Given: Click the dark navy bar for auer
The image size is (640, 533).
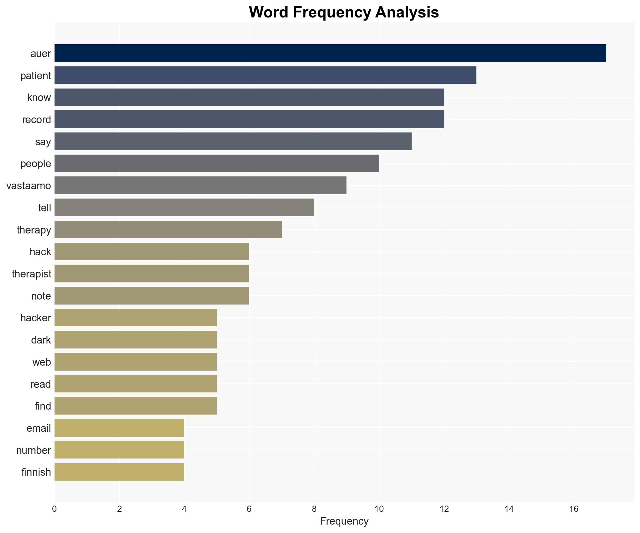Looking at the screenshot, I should click(x=330, y=53).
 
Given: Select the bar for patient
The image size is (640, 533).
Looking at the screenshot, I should click(x=265, y=75).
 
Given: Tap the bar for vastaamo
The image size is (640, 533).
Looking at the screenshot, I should click(x=200, y=185).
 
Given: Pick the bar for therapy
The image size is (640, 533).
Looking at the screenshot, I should click(x=168, y=229).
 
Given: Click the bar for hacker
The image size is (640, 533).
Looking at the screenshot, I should click(x=136, y=318).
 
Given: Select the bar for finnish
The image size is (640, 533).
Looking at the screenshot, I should click(x=119, y=472).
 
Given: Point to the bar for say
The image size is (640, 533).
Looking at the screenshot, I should click(x=233, y=141).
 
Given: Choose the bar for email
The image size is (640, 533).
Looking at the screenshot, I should click(x=119, y=428).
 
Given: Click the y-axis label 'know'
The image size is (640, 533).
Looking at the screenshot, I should click(x=39, y=98).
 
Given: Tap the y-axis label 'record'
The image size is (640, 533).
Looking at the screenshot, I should click(x=36, y=120).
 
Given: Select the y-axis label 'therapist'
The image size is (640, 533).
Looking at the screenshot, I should click(x=31, y=274).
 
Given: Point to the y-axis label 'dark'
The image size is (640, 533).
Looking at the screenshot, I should click(x=41, y=340).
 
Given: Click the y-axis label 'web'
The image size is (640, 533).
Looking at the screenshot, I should click(x=41, y=362).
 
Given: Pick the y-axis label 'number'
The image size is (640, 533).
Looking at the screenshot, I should click(x=34, y=450).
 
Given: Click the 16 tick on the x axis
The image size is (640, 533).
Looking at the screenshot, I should click(x=574, y=509).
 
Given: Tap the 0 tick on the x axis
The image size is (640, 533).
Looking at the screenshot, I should click(x=55, y=509).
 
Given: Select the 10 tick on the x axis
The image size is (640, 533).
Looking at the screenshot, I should click(x=379, y=509).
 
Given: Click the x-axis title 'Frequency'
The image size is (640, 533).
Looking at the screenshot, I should click(x=344, y=521).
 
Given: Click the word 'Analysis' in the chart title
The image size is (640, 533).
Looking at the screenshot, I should click(x=407, y=12).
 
